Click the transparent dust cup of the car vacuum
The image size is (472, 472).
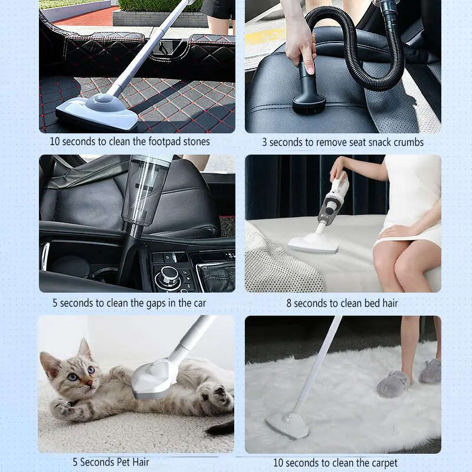[143, 189]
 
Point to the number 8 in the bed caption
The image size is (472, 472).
[289, 303]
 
